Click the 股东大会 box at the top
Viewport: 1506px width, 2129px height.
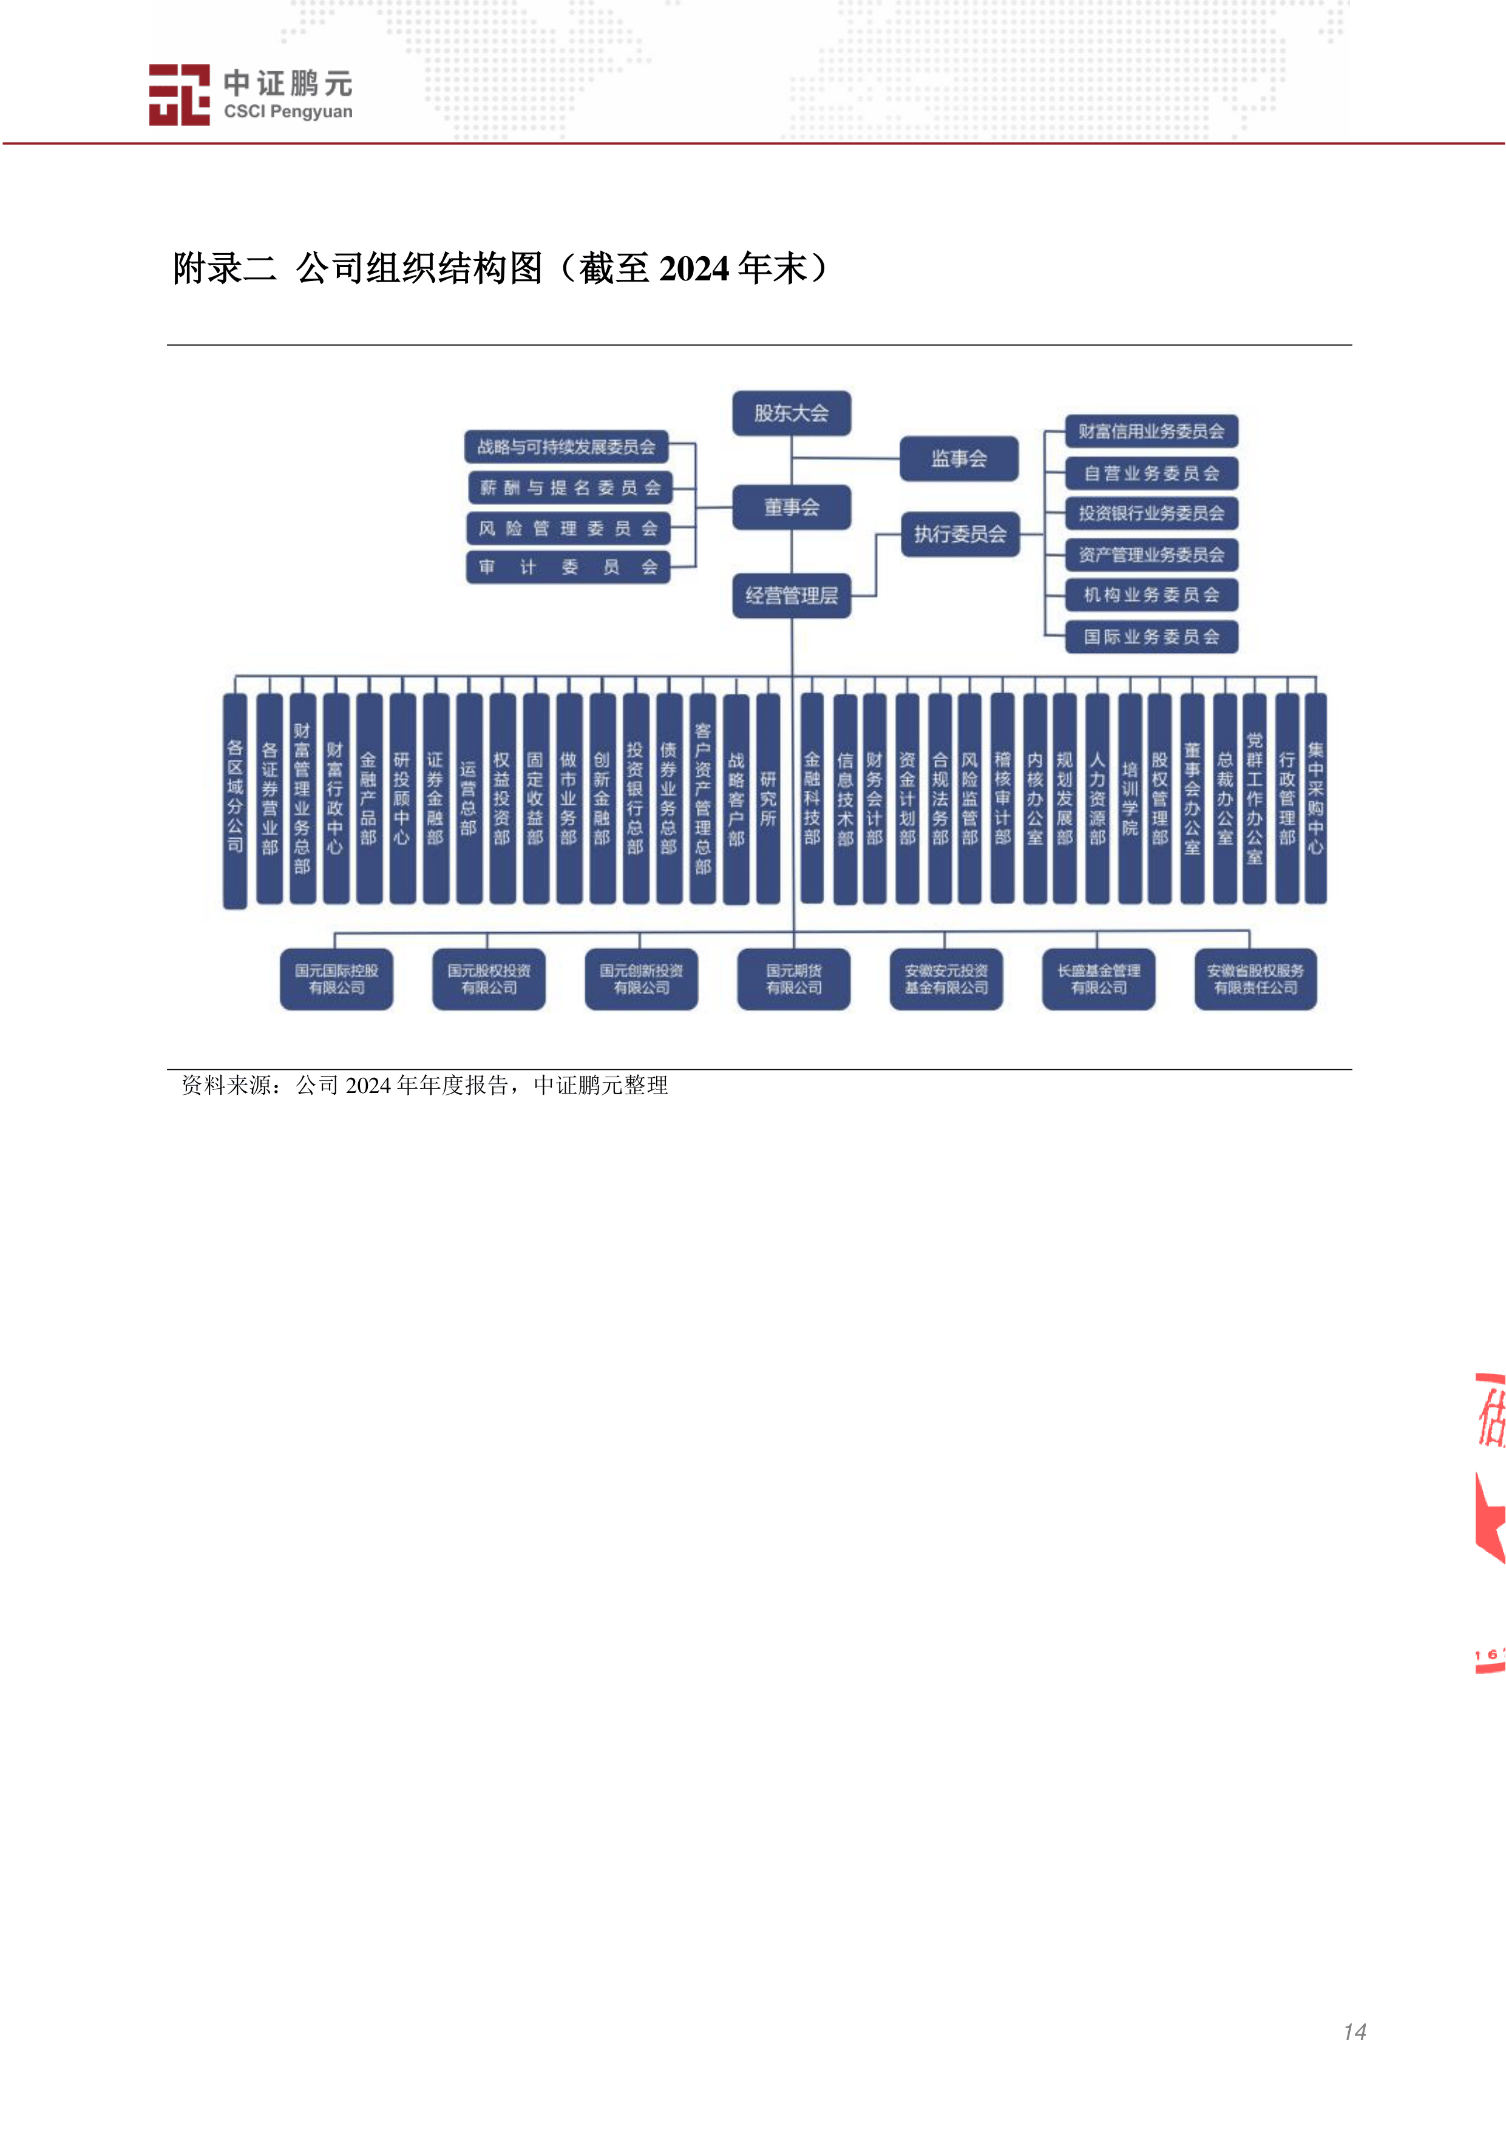[x=791, y=413]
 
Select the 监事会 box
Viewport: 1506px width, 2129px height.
[x=959, y=458]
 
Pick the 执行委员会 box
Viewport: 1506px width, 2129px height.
[x=960, y=534]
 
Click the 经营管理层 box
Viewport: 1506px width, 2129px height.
[x=791, y=595]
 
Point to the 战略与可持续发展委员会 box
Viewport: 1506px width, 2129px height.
[x=566, y=447]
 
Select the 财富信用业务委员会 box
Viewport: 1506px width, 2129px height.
[x=1151, y=431]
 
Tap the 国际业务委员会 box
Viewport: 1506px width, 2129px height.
[x=1151, y=636]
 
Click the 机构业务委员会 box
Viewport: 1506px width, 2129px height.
[x=1151, y=594]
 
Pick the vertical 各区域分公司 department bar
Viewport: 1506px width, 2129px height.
[x=236, y=799]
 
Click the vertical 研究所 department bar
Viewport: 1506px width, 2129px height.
[x=768, y=797]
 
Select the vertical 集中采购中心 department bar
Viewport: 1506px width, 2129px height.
[x=1315, y=797]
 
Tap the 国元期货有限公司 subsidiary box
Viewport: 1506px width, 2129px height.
[x=794, y=978]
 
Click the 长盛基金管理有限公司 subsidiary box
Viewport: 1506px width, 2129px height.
[x=1099, y=978]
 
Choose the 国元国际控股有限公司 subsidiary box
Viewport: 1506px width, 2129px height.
[x=337, y=978]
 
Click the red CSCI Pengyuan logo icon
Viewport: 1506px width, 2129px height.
[x=179, y=95]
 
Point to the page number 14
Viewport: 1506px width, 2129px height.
[x=1354, y=2032]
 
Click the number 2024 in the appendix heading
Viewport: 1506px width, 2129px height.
[x=694, y=269]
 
